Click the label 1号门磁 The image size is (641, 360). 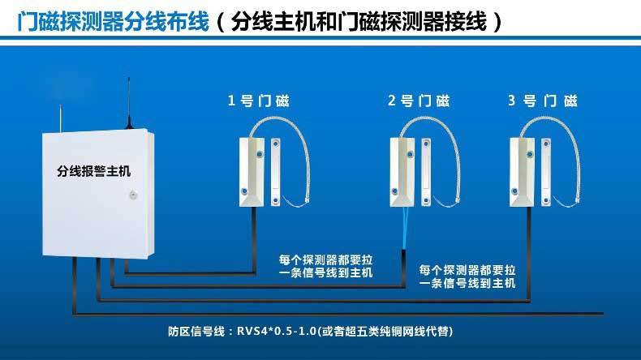[258, 101]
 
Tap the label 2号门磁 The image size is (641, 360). [419, 101]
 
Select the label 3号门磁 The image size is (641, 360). [543, 101]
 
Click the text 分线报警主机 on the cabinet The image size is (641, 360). [94, 171]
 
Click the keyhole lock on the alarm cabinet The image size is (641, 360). [133, 195]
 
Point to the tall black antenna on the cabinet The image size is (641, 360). [129, 103]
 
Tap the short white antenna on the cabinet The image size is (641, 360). [61, 118]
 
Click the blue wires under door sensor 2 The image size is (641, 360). [404, 228]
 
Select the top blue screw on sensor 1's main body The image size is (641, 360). [260, 154]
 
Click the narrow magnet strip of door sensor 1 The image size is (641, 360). [276, 172]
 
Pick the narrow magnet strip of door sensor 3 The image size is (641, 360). [546, 172]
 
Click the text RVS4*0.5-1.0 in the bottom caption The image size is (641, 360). [277, 331]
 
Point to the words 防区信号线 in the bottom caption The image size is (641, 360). [191, 331]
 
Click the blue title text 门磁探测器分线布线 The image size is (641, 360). [114, 21]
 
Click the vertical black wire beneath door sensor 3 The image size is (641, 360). [528, 254]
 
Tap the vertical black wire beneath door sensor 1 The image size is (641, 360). [254, 240]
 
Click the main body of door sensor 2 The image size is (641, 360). [402, 172]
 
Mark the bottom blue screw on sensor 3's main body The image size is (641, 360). [514, 191]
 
